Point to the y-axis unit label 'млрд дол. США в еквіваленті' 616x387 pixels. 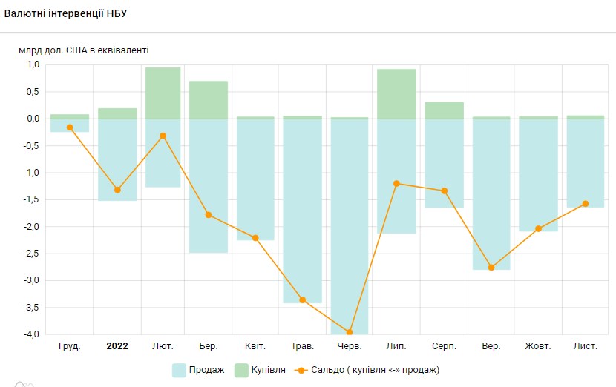83,50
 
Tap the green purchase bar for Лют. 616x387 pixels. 163,93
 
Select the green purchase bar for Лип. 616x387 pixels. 396,93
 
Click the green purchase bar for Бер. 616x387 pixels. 209,99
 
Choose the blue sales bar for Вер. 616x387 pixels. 491,194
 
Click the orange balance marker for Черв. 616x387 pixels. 350,333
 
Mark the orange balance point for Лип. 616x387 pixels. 396,183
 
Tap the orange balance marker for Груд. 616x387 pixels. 70,128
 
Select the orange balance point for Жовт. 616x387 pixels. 538,228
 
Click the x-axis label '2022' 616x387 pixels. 117,346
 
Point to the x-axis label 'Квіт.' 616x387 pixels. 256,346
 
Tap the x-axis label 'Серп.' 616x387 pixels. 444,346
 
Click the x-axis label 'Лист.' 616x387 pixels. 585,346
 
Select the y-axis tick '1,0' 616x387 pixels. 33,64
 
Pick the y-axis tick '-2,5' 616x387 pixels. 31,254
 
